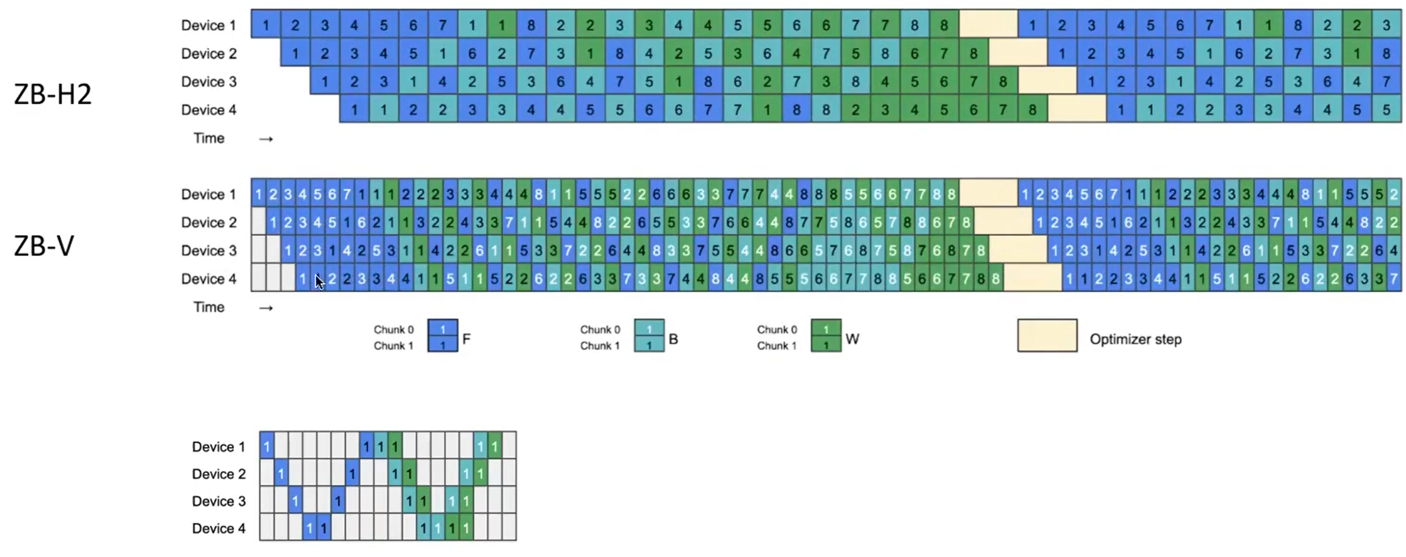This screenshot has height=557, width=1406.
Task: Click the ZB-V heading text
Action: [x=44, y=246]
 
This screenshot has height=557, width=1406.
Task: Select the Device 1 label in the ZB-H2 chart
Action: [x=208, y=25]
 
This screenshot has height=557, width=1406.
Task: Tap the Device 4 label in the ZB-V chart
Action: [x=208, y=278]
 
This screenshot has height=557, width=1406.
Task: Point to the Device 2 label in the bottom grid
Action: [x=218, y=474]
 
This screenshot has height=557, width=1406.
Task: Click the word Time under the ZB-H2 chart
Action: [x=208, y=138]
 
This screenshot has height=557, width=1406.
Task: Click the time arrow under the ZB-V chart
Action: [x=266, y=308]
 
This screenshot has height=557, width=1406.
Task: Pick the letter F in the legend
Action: [x=466, y=339]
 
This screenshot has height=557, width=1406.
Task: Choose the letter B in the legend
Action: [x=673, y=339]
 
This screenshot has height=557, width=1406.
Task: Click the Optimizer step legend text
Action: [x=1135, y=339]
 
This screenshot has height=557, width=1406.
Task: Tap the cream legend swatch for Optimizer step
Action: [x=1047, y=335]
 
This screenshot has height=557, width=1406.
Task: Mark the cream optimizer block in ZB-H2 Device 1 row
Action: [x=988, y=25]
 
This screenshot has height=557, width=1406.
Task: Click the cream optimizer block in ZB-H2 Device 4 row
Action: [x=1076, y=110]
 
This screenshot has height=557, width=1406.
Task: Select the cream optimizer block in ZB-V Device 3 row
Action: [x=1017, y=251]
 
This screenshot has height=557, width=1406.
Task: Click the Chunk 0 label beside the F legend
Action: [x=393, y=329]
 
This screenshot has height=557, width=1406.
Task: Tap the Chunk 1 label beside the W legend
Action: [x=777, y=346]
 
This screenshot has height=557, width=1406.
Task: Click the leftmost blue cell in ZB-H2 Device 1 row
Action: [x=266, y=25]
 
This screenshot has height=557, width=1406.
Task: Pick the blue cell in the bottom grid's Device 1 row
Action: [x=266, y=447]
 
